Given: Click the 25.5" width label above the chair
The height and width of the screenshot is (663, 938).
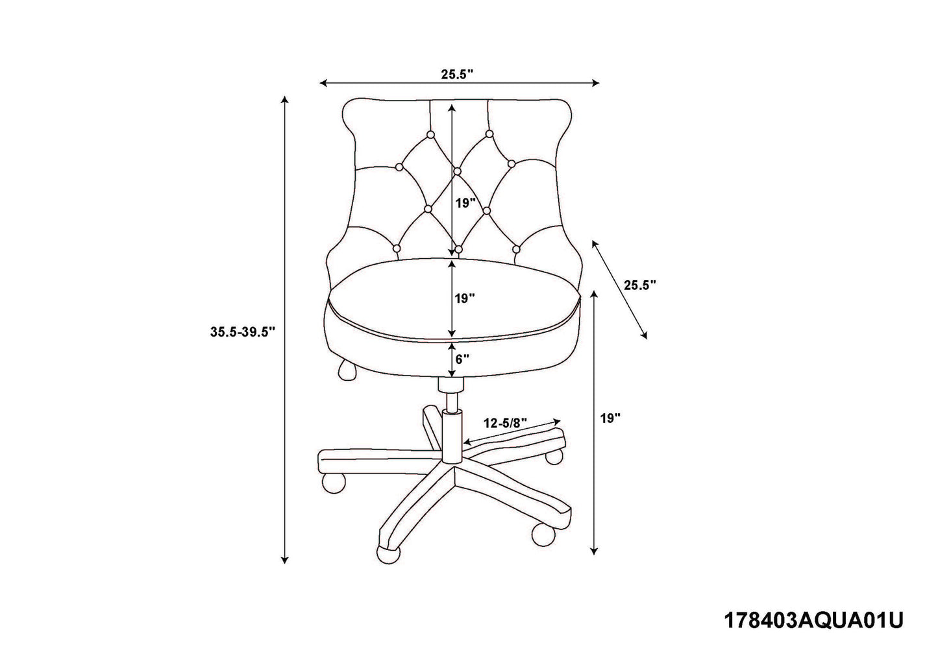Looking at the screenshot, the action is coord(457,75).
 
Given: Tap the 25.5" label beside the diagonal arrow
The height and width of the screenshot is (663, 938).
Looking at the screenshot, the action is coord(640,285).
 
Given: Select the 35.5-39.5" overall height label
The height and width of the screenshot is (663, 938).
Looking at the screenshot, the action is coord(243,332).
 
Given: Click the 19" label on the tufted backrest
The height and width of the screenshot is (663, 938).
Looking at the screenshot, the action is coord(465,204).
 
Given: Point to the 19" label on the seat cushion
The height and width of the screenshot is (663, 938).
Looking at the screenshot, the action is coord(465,299).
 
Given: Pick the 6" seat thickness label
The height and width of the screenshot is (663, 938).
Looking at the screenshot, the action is coord(462,359).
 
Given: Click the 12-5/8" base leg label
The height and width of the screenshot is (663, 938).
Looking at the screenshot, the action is coord(505,423).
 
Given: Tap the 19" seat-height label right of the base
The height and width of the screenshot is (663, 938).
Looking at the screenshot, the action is coord(610,418).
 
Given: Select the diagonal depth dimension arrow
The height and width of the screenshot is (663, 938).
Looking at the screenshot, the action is coord(620,289).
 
